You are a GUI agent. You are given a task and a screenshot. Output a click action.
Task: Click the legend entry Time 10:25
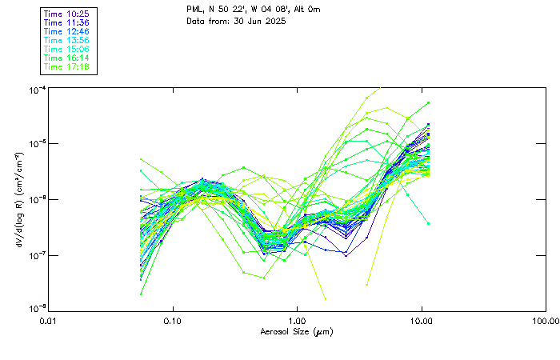[66, 14]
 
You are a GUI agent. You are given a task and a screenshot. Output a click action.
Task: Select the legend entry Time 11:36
[66, 23]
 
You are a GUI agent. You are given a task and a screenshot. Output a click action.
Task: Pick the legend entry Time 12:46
[66, 32]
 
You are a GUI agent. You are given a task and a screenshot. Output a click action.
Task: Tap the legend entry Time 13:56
[66, 41]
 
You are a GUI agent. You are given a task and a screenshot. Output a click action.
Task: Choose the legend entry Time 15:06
[66, 50]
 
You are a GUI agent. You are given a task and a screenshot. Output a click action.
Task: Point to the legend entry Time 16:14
[66, 58]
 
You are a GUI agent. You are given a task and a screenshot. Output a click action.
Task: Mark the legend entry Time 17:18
[66, 67]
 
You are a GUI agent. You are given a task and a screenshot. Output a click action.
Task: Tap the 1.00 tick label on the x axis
[297, 321]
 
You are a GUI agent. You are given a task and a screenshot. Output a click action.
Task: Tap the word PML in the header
[194, 9]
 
